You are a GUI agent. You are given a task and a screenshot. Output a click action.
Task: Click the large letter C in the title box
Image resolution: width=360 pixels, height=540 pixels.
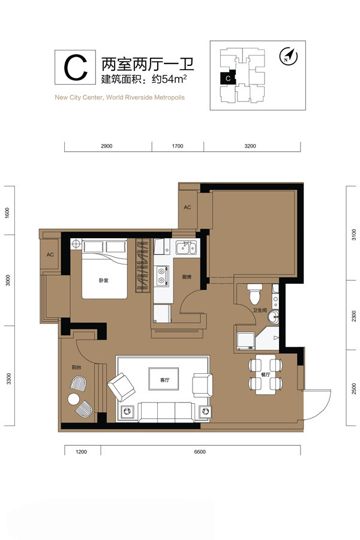tap(76, 67)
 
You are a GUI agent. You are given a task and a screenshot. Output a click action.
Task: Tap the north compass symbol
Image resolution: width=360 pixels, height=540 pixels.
tap(289, 56)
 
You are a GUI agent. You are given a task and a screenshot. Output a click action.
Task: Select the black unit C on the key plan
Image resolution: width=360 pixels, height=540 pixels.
tap(228, 77)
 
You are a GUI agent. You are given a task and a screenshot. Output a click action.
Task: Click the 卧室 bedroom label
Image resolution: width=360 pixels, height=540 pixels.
tap(103, 280)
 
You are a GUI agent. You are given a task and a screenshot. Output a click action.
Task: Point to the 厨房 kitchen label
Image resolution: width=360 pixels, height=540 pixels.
tap(187, 277)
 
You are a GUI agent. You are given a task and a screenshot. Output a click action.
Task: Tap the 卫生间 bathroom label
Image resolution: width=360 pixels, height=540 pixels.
tap(260, 310)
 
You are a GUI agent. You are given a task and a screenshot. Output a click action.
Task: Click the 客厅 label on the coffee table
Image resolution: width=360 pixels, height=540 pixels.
tap(164, 380)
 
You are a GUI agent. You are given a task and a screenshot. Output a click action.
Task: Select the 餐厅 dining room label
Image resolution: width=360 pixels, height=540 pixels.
tap(265, 374)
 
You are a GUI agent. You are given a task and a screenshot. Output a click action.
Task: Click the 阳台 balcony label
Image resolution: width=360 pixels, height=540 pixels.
tap(76, 367)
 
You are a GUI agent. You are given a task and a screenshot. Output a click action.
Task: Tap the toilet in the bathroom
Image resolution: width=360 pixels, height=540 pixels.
tap(254, 293)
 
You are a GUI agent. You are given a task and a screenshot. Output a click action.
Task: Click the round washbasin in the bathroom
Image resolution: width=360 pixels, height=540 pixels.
tap(273, 316)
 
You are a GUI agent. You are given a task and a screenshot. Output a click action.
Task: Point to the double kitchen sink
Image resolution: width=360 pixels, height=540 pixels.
tap(186, 248)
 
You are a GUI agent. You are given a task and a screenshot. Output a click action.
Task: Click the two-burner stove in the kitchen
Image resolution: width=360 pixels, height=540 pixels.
tap(161, 276)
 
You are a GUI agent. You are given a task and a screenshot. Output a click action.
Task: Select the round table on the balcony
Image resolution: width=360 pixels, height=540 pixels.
tap(74, 399)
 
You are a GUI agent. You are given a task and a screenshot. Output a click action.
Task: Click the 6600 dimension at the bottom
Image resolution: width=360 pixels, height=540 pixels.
tap(200, 451)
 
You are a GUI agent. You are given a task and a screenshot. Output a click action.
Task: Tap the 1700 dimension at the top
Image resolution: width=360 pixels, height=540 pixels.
tap(178, 146)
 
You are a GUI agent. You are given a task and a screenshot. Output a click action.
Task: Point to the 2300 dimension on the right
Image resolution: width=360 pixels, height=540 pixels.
tap(354, 316)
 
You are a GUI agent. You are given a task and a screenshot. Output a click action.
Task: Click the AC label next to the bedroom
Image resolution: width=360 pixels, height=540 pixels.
tap(50, 254)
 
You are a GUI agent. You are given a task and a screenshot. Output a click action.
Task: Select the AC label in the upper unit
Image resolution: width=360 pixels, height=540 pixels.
tap(187, 208)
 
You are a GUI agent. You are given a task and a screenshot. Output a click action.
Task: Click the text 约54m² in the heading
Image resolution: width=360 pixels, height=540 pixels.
tap(169, 79)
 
